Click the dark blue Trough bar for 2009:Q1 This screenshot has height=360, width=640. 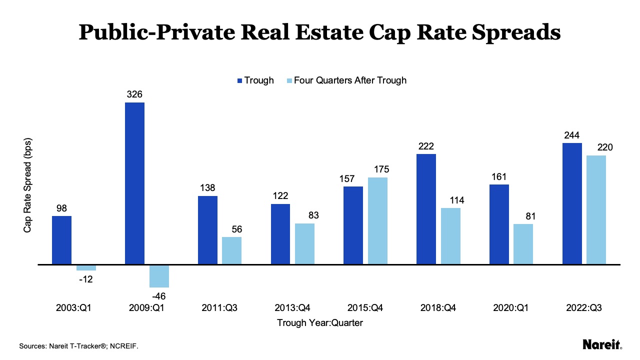134,183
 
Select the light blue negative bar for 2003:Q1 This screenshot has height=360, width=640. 86,267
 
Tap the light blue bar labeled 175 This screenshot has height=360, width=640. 378,220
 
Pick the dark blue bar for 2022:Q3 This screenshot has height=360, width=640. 572,203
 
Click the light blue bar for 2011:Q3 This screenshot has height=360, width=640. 231,250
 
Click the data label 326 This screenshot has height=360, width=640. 134,94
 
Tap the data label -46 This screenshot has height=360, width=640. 159,295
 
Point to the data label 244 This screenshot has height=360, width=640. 572,135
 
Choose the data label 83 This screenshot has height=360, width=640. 304,215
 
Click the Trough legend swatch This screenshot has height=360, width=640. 239,80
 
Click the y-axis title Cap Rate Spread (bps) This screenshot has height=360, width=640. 28,185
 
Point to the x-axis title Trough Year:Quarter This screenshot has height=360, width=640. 320,323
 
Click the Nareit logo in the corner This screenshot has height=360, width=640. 602,344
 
